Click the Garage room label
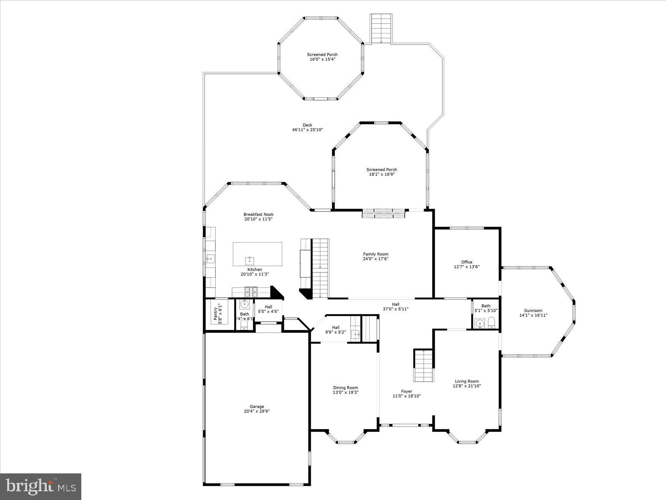pos(257,406)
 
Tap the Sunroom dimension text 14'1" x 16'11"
pos(533,315)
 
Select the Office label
pos(467,262)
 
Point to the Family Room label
pos(375,254)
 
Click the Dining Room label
pos(345,388)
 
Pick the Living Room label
pos(467,381)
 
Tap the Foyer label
pos(406,391)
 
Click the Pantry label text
pos(215,313)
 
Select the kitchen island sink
pos(249,260)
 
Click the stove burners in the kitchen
pos(250,292)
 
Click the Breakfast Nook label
pos(258,214)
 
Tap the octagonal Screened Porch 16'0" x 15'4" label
pos(322,54)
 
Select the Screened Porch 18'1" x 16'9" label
pos(381,170)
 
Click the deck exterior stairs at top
pos(381,29)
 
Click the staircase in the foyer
pos(423,365)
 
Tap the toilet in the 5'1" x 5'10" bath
pos(491,323)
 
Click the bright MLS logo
pos(41,486)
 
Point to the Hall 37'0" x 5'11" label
pos(395,304)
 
